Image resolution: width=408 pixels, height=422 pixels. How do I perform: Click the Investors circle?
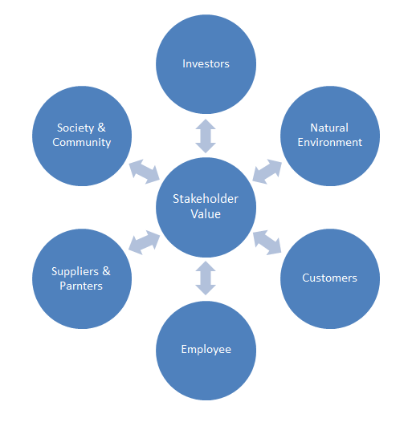(x=206, y=64)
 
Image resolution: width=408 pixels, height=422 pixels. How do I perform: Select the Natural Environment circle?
(x=330, y=136)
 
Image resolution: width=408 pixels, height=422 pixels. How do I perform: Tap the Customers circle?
(x=330, y=278)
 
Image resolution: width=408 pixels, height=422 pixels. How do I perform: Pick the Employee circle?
(x=206, y=350)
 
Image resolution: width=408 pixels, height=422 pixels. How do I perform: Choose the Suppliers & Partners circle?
(x=82, y=278)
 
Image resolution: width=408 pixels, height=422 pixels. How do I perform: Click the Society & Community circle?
(x=82, y=136)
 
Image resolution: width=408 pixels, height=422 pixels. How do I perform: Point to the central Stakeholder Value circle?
(x=206, y=207)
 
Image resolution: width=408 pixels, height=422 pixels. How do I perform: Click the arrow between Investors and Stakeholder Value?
(x=206, y=136)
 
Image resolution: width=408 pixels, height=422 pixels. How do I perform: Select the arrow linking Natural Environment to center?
(x=267, y=172)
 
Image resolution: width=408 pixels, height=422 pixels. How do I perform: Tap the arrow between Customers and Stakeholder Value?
(x=267, y=242)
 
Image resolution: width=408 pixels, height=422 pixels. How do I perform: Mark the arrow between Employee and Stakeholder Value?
(x=206, y=278)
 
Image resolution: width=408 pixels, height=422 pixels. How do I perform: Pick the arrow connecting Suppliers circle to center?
(x=145, y=242)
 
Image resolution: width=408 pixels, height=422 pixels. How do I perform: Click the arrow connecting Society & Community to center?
(x=145, y=172)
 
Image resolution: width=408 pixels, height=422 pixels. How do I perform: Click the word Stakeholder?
(x=206, y=199)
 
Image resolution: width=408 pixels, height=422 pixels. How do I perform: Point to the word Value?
(x=206, y=214)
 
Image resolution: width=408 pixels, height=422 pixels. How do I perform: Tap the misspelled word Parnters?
(x=81, y=286)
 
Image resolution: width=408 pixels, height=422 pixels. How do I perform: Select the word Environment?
(x=330, y=142)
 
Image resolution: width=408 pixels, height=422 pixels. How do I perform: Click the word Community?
(x=82, y=142)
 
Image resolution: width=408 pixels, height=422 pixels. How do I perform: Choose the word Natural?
(x=329, y=128)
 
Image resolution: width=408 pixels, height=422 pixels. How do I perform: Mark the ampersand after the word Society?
(x=101, y=128)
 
